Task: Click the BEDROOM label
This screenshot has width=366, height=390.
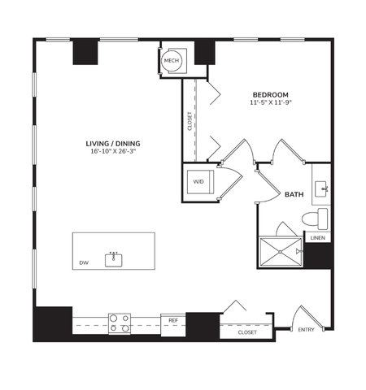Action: point(269,95)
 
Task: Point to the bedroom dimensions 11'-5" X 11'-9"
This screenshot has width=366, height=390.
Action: point(269,103)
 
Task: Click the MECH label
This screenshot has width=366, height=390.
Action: point(172,60)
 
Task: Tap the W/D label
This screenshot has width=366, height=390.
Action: point(198,181)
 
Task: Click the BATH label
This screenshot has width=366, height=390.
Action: point(294,195)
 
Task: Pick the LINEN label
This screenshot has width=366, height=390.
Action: point(319,237)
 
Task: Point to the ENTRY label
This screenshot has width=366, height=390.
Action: point(307,329)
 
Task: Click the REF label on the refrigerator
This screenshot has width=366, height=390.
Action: point(172,321)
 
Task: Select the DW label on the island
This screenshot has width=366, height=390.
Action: point(84,262)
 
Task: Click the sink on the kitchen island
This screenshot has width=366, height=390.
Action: point(114,260)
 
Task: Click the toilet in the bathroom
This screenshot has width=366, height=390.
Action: point(314,219)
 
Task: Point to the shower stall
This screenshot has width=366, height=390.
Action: point(280,251)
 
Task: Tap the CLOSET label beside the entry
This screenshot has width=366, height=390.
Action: point(247,332)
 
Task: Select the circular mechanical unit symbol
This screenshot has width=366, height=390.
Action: point(172,61)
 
